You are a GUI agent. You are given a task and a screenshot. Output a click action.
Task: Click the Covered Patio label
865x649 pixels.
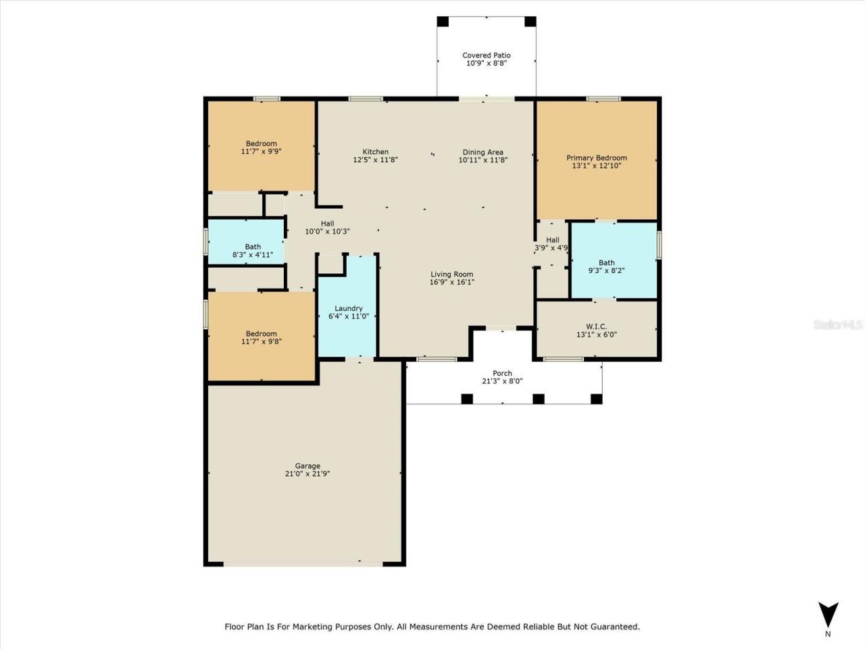click(486, 55)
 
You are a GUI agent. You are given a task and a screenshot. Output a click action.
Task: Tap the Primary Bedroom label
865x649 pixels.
click(596, 158)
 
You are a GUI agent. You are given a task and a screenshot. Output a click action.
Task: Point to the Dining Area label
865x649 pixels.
click(483, 152)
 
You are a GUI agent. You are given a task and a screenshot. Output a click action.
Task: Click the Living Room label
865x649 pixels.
click(451, 274)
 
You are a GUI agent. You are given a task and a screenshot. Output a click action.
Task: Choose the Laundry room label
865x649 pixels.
click(348, 308)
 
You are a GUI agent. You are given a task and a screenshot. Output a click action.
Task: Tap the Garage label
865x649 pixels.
click(307, 466)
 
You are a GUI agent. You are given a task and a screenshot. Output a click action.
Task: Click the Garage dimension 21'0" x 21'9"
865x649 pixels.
click(307, 474)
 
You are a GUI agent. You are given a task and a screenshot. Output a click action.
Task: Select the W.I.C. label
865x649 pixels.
click(596, 327)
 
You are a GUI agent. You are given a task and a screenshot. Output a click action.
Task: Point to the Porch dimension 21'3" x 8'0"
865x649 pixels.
click(502, 381)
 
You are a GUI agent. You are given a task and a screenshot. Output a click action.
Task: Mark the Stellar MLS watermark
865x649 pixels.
click(838, 325)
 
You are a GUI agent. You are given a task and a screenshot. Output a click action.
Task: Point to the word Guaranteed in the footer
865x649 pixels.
click(612, 627)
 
